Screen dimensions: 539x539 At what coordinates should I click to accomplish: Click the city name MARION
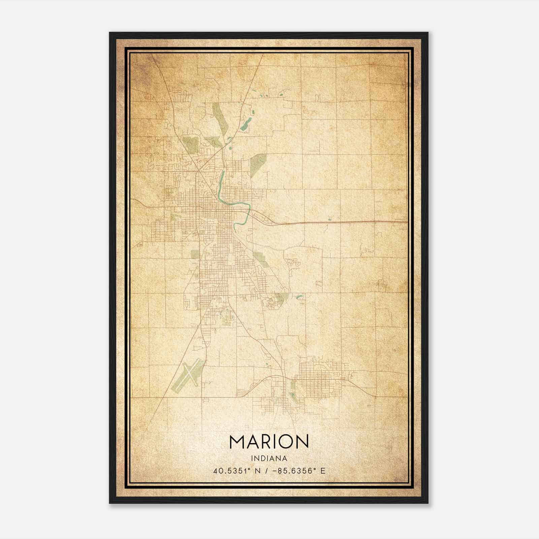pos(269,442)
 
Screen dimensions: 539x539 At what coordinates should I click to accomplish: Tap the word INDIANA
pos(269,458)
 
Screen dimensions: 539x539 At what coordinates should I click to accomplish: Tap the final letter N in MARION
pos(302,442)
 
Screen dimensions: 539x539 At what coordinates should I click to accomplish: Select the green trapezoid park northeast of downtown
pos(257,164)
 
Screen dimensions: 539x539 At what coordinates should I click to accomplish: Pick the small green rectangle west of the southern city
pos(195,254)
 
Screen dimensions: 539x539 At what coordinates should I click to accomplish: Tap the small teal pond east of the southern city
pos(299,297)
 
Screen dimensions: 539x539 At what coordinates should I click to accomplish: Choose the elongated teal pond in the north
pos(245,125)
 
